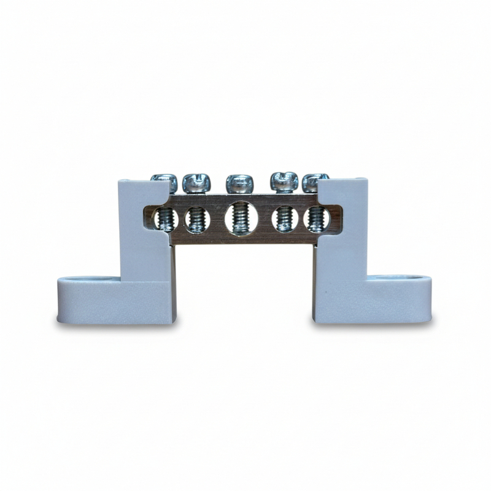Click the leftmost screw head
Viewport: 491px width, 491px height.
(164, 182)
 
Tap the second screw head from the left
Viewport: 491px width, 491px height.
(197, 183)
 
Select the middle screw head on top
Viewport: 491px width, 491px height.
(239, 183)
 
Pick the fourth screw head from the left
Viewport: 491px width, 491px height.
(284, 182)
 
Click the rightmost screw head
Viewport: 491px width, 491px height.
(315, 182)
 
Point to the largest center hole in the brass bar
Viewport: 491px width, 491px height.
(241, 218)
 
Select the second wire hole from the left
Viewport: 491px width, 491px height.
(197, 219)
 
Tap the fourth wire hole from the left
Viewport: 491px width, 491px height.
(285, 219)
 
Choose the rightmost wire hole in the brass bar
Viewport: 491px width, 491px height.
(317, 219)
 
